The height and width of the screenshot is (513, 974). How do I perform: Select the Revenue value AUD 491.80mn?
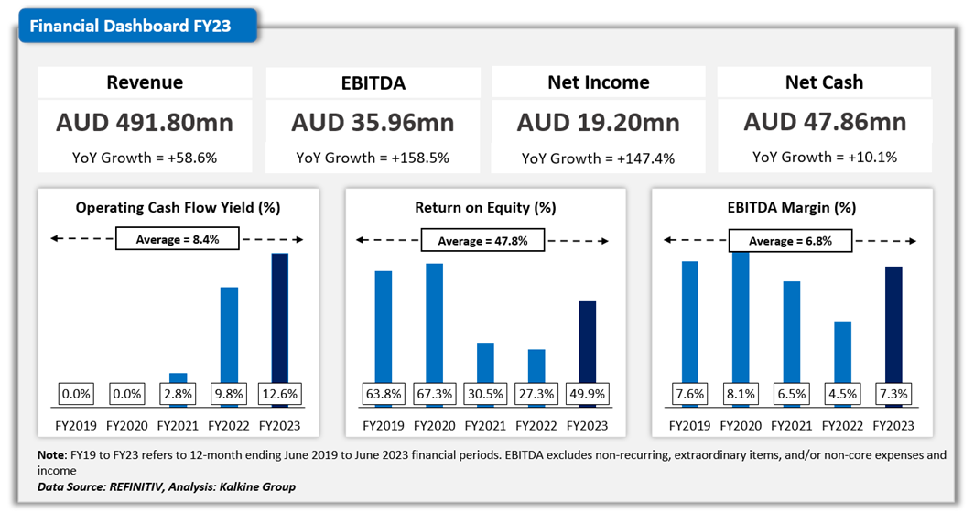pos(145,122)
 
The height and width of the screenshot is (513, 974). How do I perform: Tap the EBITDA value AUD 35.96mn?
pos(373,122)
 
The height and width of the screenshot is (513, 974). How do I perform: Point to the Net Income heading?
pos(599,82)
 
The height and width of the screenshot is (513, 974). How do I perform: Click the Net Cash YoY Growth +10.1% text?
pos(825,157)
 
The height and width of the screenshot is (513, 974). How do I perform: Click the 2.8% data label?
pos(178,395)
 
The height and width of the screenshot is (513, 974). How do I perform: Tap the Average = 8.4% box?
pos(178,240)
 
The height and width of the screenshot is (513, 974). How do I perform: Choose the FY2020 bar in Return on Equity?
pos(434,321)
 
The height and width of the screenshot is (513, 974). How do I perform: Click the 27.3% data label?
pos(536,395)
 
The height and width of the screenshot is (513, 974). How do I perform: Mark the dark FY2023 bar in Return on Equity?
pos(588,341)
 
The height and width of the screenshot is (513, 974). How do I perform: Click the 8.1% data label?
pos(741,395)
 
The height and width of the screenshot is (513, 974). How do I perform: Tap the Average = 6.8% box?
pos(790,240)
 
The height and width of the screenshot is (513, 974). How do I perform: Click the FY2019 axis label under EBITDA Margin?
pos(689,426)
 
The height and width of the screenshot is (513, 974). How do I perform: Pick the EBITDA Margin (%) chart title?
pos(792,208)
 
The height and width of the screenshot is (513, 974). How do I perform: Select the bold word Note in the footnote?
pos(53,455)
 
